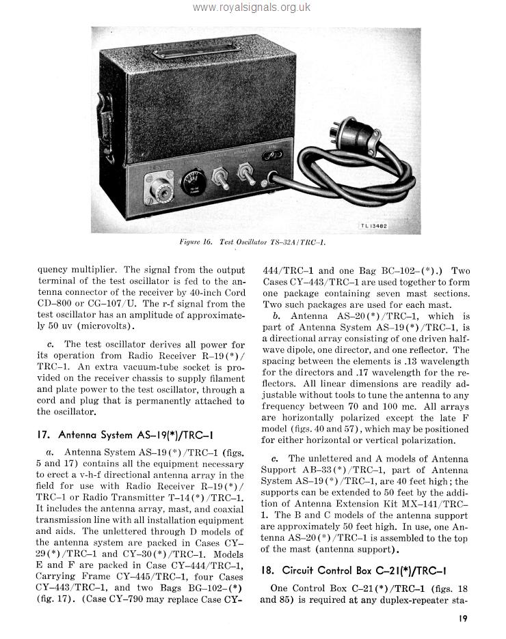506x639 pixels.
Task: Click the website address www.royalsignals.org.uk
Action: click(x=252, y=8)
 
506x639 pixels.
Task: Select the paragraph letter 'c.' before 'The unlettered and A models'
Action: click(x=275, y=459)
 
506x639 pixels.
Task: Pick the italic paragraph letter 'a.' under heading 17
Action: click(x=50, y=452)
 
